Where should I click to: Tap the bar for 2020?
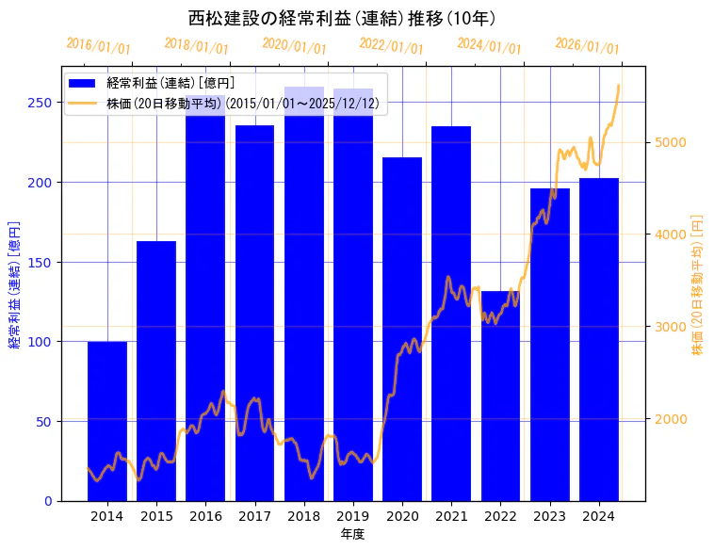tap(402, 329)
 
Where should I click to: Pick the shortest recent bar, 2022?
tap(500, 396)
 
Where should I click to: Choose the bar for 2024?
tap(599, 339)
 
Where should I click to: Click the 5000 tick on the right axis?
tap(670, 143)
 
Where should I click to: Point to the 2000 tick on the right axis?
tap(670, 419)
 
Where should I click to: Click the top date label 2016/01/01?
tap(99, 46)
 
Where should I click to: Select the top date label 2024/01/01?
tap(489, 46)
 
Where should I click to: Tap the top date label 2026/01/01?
tap(587, 46)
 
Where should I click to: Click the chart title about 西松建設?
tap(341, 18)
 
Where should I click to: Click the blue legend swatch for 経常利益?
tap(84, 83)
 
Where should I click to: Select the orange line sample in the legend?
tap(84, 103)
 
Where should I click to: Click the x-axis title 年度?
tap(352, 534)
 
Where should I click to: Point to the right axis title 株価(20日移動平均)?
tap(698, 283)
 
